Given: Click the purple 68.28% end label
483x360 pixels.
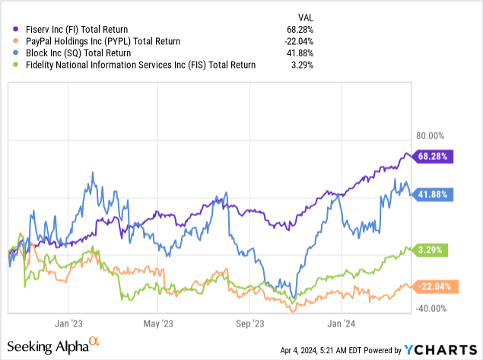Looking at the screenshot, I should [x=433, y=157].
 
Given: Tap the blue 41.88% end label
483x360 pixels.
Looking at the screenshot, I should [x=433, y=195].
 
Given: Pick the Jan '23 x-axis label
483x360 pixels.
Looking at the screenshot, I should [x=74, y=321].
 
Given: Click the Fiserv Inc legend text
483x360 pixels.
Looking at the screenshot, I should [x=77, y=29].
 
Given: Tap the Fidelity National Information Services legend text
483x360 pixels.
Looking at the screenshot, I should [x=135, y=65].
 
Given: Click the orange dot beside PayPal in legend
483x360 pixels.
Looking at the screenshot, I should [x=9, y=41].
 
